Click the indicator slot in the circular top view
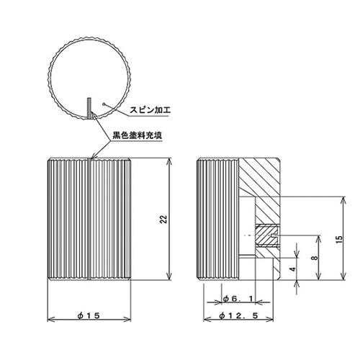coord(89,107)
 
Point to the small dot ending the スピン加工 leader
coord(106,105)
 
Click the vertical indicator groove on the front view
coord(89,220)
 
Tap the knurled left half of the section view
coord(218,220)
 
